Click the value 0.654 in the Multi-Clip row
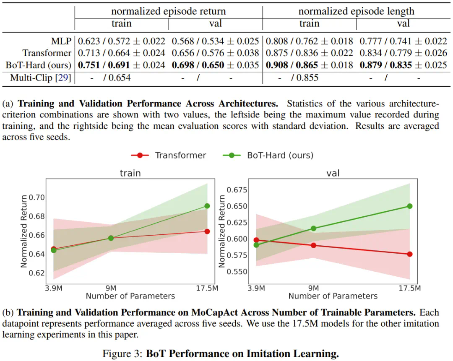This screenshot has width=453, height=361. tap(119, 78)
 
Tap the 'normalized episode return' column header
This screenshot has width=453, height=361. tap(168, 11)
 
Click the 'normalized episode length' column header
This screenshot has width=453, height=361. tap(356, 11)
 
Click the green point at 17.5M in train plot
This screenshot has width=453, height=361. tap(207, 206)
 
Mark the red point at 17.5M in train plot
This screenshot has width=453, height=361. tap(207, 231)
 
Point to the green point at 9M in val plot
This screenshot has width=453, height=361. tap(313, 229)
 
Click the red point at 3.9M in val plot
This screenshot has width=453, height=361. tap(256, 240)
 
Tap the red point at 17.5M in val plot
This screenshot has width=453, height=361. tap(410, 254)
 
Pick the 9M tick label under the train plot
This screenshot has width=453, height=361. tap(111, 288)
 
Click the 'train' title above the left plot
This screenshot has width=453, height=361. tap(130, 173)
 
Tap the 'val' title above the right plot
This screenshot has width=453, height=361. tap(333, 173)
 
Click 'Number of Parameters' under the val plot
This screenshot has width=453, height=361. tap(333, 296)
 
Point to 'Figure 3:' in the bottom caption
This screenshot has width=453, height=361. tap(122, 353)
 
